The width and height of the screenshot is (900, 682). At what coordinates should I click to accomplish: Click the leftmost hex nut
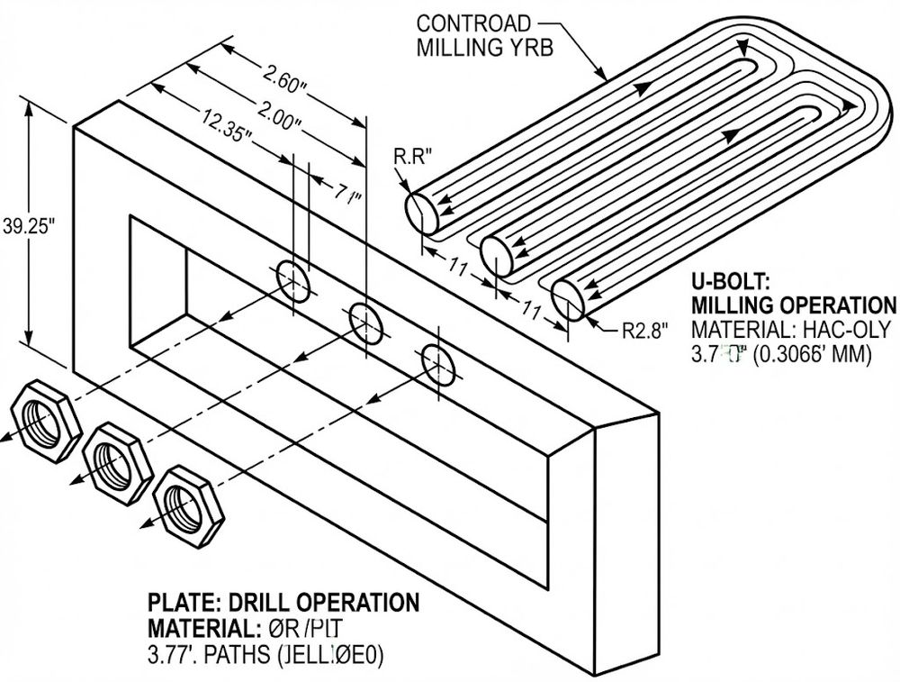(42, 421)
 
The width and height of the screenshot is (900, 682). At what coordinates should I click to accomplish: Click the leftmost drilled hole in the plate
(293, 281)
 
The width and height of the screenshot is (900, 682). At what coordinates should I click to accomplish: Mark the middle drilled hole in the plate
(366, 322)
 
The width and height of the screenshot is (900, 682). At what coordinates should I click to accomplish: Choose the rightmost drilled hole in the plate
(438, 362)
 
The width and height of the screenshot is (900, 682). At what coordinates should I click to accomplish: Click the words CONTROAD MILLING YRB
(475, 34)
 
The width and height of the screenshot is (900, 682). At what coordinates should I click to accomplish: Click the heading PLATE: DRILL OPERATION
(283, 603)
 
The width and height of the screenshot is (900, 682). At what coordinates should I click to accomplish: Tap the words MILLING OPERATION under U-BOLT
(793, 305)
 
